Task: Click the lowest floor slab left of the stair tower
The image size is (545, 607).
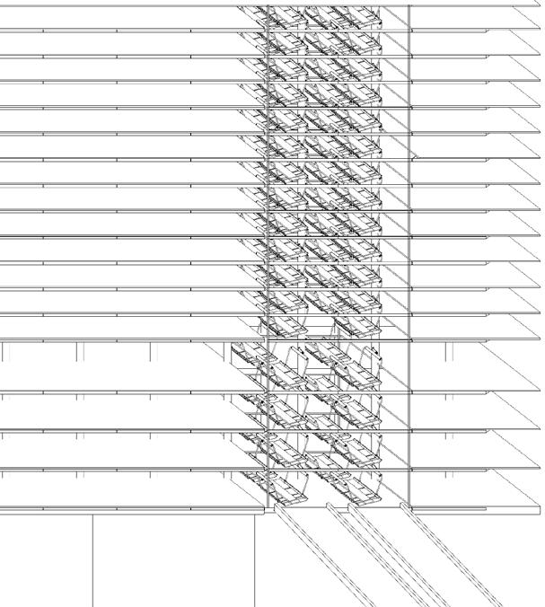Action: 126,508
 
